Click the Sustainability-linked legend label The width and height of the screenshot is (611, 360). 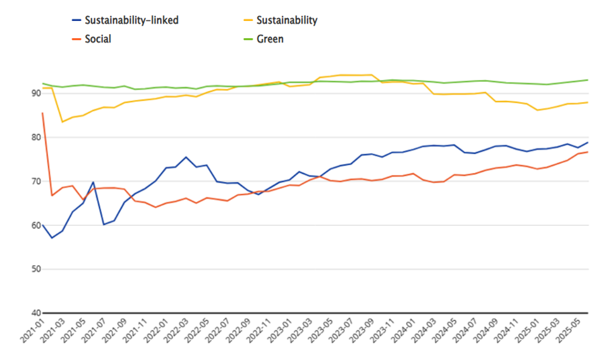(x=131, y=20)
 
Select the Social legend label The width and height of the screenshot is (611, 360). (x=98, y=39)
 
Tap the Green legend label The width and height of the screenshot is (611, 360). (x=270, y=39)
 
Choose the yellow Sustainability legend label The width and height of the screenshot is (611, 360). (x=287, y=20)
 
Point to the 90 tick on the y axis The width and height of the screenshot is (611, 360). (x=36, y=93)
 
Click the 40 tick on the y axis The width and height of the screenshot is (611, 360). (x=36, y=313)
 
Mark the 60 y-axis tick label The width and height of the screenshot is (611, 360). (x=36, y=225)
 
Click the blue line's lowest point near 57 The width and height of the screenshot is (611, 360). (x=52, y=238)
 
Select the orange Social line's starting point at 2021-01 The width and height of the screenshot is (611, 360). (x=42, y=112)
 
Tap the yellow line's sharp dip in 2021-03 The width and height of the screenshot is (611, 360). (x=62, y=122)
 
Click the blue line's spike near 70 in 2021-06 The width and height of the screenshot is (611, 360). (x=94, y=182)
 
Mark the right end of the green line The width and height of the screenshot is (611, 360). (x=588, y=80)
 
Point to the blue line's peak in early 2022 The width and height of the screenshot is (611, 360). (x=186, y=157)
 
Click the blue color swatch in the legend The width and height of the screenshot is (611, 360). (x=77, y=20)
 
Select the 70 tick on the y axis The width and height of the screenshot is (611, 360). (x=36, y=181)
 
